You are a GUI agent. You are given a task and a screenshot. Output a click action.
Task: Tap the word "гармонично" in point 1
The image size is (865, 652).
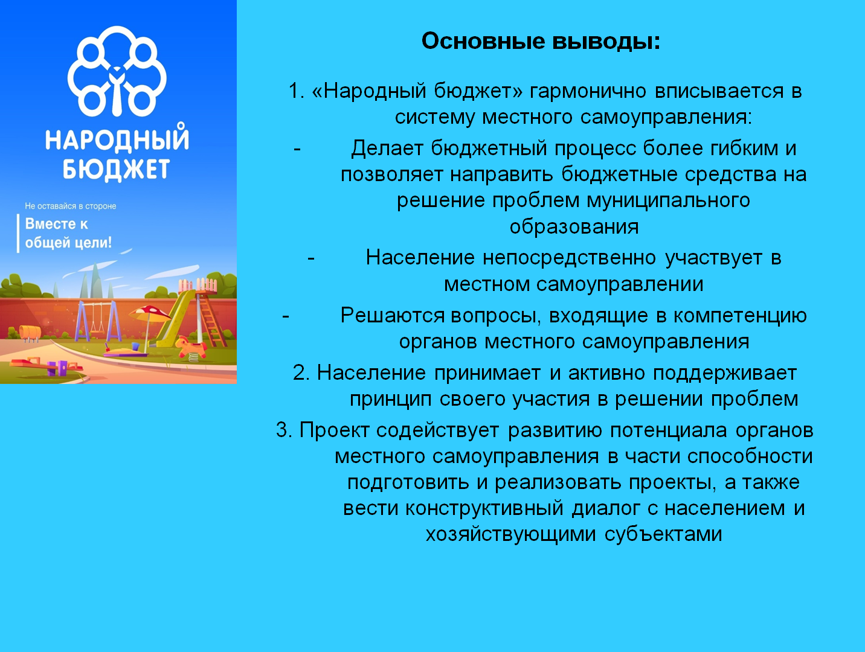[x=588, y=91]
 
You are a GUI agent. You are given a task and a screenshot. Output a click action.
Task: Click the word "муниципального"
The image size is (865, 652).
[x=668, y=201]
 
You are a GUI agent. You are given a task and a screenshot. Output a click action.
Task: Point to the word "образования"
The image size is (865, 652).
[x=574, y=227]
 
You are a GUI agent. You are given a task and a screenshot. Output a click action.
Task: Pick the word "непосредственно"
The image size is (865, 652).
[x=569, y=258]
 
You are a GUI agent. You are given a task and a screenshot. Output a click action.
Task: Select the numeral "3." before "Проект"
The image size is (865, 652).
[x=284, y=430]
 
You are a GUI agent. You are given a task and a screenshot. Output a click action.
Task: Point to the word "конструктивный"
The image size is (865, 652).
[x=484, y=508]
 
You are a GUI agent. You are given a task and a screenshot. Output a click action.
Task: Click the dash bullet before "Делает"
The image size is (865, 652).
[x=297, y=149]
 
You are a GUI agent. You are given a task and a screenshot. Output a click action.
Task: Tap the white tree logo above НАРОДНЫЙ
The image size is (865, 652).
[x=117, y=71]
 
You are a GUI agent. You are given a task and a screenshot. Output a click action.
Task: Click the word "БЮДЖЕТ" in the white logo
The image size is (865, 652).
[x=116, y=170]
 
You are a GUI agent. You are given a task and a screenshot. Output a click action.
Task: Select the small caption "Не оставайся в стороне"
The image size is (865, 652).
[x=71, y=206]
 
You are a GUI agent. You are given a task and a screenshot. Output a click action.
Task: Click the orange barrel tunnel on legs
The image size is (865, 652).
[x=30, y=332]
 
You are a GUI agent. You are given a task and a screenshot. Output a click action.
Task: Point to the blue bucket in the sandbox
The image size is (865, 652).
[x=135, y=346]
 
